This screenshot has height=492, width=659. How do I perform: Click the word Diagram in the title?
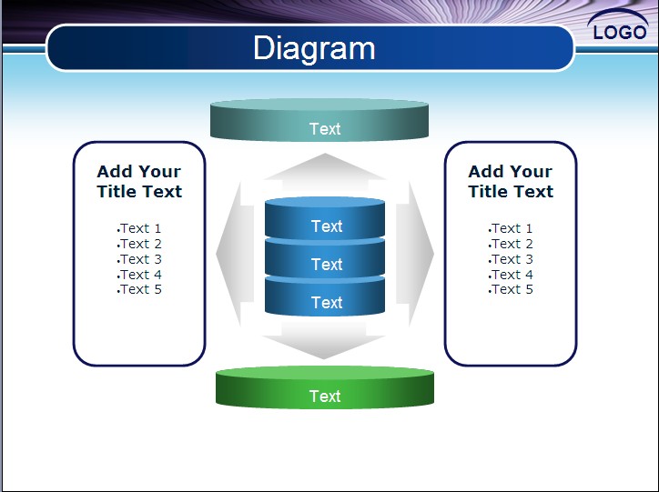coord(313,48)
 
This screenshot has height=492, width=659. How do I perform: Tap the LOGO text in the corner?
coord(619,33)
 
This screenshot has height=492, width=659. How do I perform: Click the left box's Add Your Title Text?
coord(139,181)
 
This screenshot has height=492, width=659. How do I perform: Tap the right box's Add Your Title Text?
coord(511,181)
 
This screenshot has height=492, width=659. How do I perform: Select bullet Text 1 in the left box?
coord(140,228)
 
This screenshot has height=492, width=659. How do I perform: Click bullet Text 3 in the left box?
coord(140,259)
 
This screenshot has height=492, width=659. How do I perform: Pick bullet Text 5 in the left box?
coord(140,289)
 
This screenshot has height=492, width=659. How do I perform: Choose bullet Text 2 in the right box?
coord(512,244)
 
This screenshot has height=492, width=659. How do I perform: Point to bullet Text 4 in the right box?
coord(512,274)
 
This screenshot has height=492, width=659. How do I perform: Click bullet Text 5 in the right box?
coord(512,289)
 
